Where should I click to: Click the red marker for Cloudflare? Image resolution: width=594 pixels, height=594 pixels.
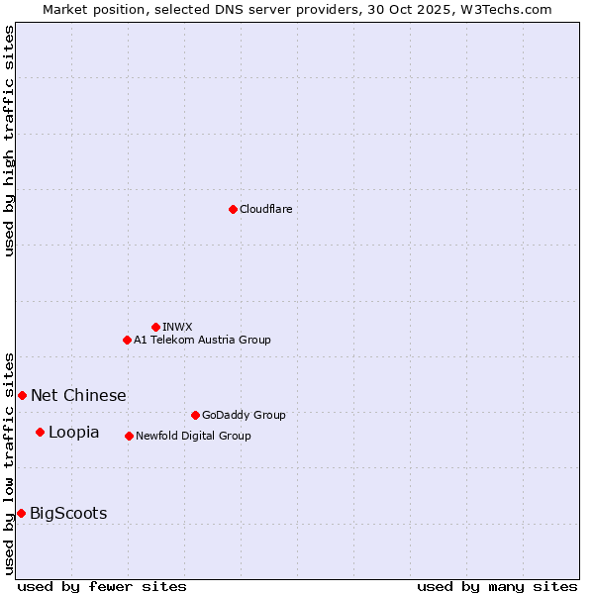pyautogui.click(x=233, y=209)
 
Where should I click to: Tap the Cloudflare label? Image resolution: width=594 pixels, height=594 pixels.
pyautogui.click(x=265, y=209)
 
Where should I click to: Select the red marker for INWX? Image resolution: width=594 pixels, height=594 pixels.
pyautogui.click(x=155, y=327)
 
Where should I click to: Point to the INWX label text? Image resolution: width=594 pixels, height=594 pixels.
pyautogui.click(x=177, y=327)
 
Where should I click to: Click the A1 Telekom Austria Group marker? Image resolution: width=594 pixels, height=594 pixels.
pyautogui.click(x=127, y=340)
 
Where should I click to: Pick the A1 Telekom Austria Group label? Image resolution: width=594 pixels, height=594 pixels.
pyautogui.click(x=202, y=340)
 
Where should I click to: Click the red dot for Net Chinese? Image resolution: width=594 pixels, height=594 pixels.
pyautogui.click(x=22, y=395)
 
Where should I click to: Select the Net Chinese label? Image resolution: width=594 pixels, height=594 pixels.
pyautogui.click(x=78, y=395)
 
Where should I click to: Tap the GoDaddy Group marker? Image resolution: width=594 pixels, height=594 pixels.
pyautogui.click(x=195, y=415)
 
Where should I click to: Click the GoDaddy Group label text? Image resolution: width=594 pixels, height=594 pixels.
pyautogui.click(x=243, y=415)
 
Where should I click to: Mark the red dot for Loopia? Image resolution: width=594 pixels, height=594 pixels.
pyautogui.click(x=40, y=432)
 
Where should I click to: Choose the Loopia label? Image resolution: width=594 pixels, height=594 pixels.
pyautogui.click(x=73, y=432)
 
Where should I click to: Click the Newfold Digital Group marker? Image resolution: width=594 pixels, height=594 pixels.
pyautogui.click(x=129, y=436)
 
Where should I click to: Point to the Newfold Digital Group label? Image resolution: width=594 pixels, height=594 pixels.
pyautogui.click(x=193, y=436)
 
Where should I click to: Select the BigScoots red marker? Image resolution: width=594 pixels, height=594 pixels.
pyautogui.click(x=21, y=513)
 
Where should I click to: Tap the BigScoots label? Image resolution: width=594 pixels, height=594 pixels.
pyautogui.click(x=68, y=513)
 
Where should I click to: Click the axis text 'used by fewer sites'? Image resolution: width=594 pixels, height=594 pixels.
pyautogui.click(x=102, y=586)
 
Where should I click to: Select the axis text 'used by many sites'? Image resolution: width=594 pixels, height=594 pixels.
pyautogui.click(x=497, y=586)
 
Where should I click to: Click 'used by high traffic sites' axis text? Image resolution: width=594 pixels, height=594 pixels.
pyautogui.click(x=9, y=141)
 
